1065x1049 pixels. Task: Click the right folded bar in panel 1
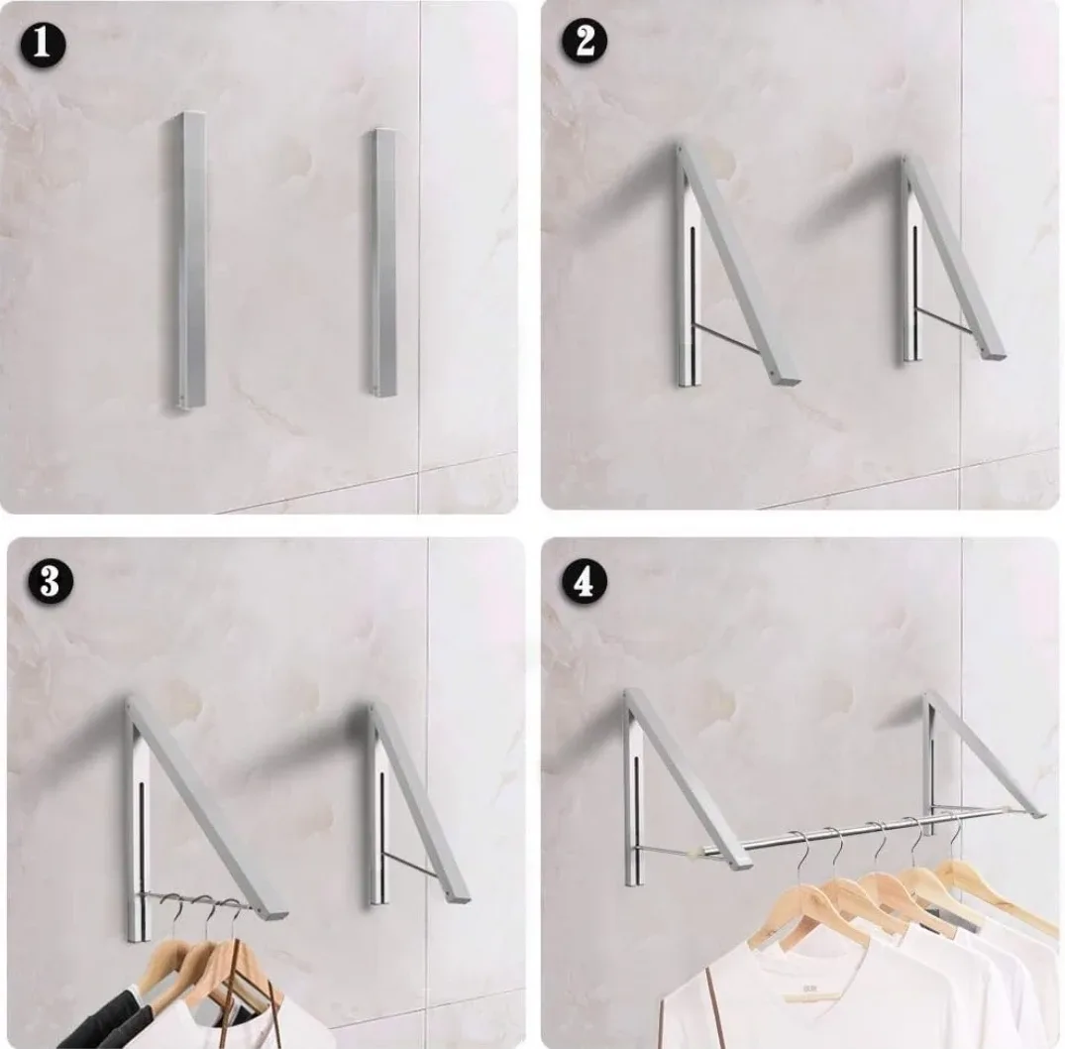(x=383, y=263)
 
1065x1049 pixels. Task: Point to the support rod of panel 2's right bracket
(x=946, y=320)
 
